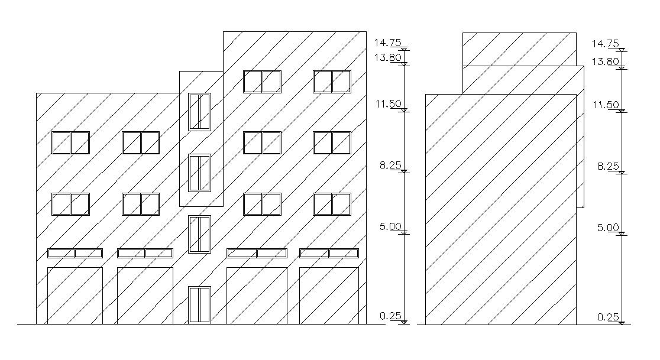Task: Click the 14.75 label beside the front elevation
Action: [387, 43]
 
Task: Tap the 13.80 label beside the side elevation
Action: [605, 61]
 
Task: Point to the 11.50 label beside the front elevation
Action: [387, 104]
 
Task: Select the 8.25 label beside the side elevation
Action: [608, 167]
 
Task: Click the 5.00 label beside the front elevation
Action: [390, 226]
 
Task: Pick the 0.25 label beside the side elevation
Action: [608, 317]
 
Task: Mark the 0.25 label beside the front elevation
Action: [390, 316]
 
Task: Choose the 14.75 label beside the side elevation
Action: [605, 44]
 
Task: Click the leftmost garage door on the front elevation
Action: [75, 296]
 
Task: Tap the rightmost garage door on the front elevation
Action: [329, 296]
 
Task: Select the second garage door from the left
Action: [145, 296]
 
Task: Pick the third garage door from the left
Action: [257, 296]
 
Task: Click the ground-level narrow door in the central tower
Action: [200, 305]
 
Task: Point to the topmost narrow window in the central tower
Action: [200, 111]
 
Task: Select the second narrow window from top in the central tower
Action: [200, 173]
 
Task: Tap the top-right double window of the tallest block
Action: [332, 82]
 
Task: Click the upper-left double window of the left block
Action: [70, 142]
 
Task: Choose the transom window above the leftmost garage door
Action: [75, 253]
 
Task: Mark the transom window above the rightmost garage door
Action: [329, 253]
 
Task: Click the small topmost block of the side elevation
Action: [519, 49]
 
